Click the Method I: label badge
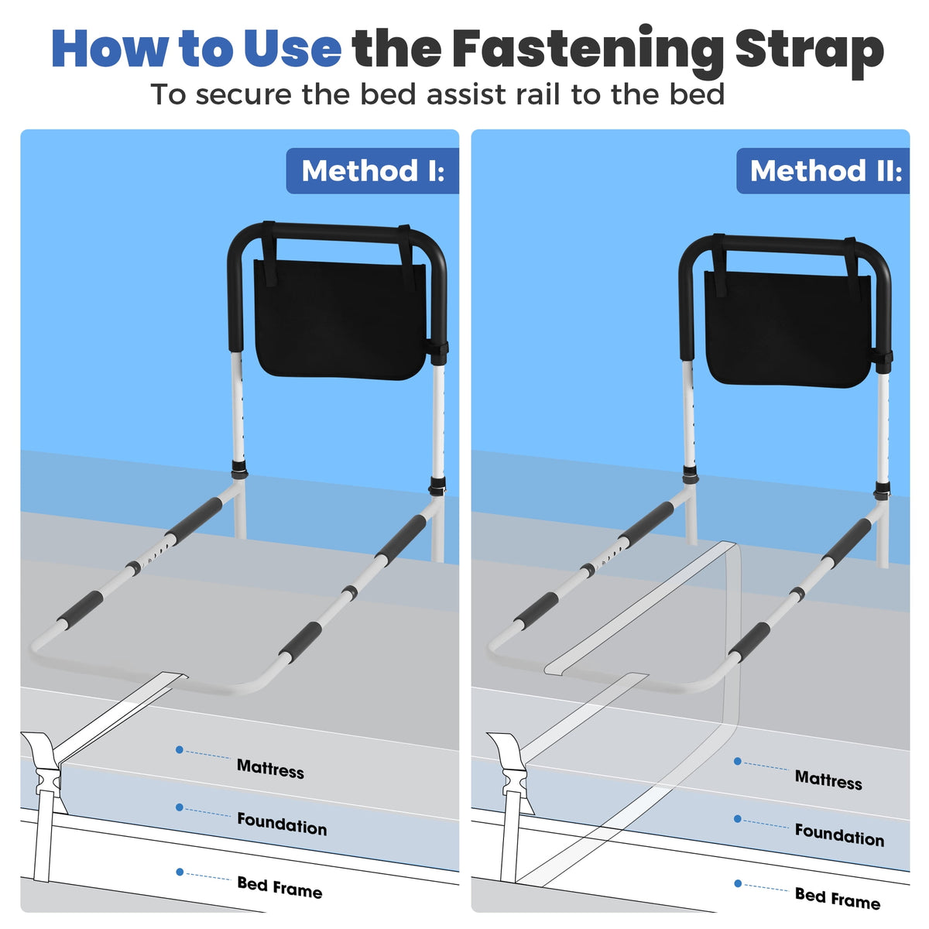[372, 170]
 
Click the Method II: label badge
[822, 170]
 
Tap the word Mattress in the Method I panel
[270, 769]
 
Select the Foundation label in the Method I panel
[282, 824]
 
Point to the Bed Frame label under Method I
[279, 887]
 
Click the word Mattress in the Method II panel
[828, 780]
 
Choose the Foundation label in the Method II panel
[839, 835]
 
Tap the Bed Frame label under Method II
[838, 899]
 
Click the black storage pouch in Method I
[340, 318]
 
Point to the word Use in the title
[293, 49]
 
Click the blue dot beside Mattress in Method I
[180, 749]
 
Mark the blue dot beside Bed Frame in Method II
[738, 883]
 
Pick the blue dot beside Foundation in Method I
[180, 807]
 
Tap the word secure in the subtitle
[244, 94]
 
